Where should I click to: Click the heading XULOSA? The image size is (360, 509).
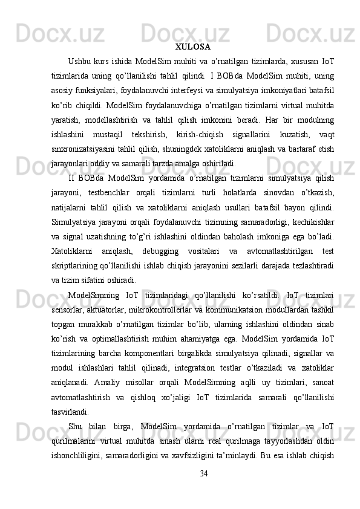pyautogui.click(x=192, y=46)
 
